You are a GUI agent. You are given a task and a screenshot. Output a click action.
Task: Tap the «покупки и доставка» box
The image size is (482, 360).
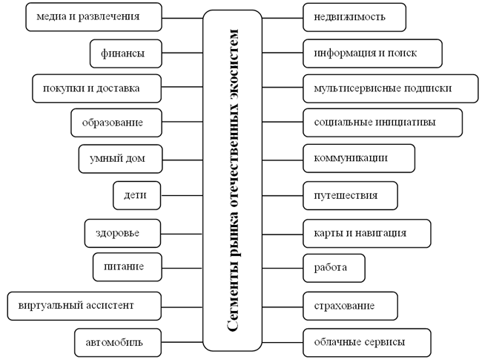(96, 88)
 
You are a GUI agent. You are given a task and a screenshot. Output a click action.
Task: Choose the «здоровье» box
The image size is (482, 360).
(122, 233)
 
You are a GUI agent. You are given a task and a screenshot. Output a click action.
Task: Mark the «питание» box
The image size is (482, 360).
(128, 266)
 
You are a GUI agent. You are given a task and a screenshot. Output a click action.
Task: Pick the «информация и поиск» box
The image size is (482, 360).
(372, 53)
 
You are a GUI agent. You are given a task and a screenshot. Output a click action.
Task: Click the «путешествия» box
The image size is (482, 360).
(351, 196)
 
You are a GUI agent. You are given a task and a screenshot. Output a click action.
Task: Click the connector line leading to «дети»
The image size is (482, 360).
(182, 195)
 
